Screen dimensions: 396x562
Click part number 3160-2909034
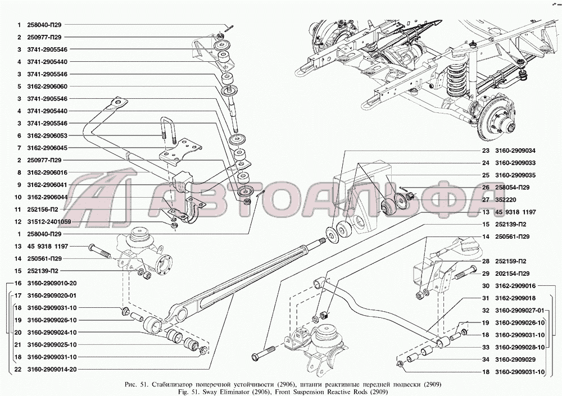coord(515,151)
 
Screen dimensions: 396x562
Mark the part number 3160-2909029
coord(515,359)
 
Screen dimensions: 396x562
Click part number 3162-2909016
coord(515,285)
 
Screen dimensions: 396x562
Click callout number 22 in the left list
coord(19,369)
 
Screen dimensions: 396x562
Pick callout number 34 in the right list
coord(485,359)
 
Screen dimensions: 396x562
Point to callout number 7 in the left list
coord(19,148)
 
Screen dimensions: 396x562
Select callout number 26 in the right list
coord(485,187)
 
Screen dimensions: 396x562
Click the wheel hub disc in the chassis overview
coord(497,115)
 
